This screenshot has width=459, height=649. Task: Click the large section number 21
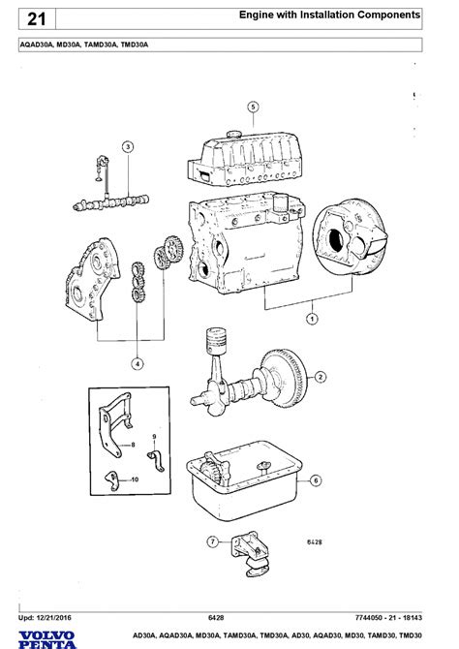click(36, 19)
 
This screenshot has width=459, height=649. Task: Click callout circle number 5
click(254, 108)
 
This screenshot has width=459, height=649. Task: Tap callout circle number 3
click(128, 146)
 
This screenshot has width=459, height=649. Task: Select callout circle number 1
click(312, 319)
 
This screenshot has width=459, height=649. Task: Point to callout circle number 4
click(138, 364)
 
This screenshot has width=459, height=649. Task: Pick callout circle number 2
click(321, 377)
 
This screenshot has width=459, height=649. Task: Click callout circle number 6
click(316, 480)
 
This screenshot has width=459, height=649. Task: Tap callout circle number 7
click(213, 541)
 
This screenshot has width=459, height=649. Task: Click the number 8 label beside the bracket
click(133, 445)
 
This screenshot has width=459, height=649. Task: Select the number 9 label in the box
click(154, 436)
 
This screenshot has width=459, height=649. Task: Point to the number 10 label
click(135, 479)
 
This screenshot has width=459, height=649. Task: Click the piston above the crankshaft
click(217, 340)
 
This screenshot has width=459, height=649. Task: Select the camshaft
click(111, 202)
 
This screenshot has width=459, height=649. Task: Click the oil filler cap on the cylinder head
click(233, 134)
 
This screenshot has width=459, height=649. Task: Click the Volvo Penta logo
click(47, 639)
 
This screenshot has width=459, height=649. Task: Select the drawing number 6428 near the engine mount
click(315, 541)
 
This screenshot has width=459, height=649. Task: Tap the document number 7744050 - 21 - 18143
click(388, 618)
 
